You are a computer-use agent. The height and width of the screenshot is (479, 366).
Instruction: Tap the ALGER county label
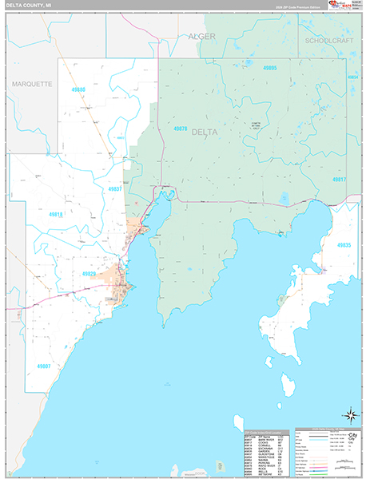point(201,37)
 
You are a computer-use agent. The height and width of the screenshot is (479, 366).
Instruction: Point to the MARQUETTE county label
point(32,83)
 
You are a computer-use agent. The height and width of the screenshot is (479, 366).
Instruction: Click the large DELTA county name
point(205,133)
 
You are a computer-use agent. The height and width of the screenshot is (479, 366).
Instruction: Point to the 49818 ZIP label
point(54,215)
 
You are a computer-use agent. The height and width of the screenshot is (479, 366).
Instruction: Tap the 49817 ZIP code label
point(340,180)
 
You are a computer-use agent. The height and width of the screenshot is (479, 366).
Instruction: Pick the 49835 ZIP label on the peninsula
point(344,245)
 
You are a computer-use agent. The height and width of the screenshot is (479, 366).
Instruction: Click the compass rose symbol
point(349,414)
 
